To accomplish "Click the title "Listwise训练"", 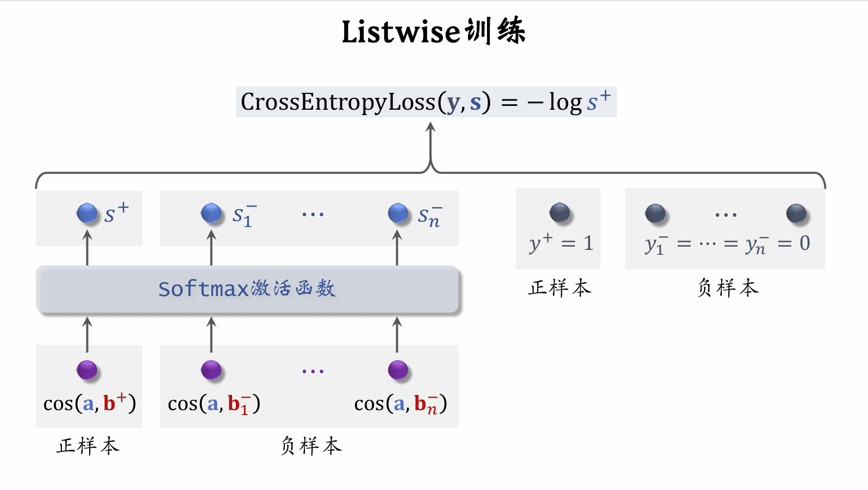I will pyautogui.click(x=433, y=31).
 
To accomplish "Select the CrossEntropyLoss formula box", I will pyautogui.click(x=426, y=102).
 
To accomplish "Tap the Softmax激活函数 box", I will pyautogui.click(x=247, y=289).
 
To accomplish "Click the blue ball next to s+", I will pyautogui.click(x=87, y=213).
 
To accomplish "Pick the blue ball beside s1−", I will pyautogui.click(x=211, y=213).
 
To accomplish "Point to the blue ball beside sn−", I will pyautogui.click(x=398, y=213).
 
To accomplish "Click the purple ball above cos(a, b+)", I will pyautogui.click(x=87, y=370).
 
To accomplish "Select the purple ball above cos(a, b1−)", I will pyautogui.click(x=211, y=370).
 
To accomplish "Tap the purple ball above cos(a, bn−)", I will pyautogui.click(x=398, y=370).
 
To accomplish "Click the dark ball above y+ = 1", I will pyautogui.click(x=559, y=213).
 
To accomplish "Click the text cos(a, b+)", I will pyautogui.click(x=90, y=404).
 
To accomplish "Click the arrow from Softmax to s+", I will pyautogui.click(x=87, y=248).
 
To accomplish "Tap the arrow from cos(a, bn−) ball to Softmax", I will pyautogui.click(x=397, y=334).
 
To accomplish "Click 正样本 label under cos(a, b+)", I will pyautogui.click(x=88, y=446).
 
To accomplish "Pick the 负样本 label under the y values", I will pyautogui.click(x=727, y=287).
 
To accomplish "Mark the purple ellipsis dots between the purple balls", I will pyautogui.click(x=313, y=372).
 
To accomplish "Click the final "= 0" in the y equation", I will pyautogui.click(x=794, y=243).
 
